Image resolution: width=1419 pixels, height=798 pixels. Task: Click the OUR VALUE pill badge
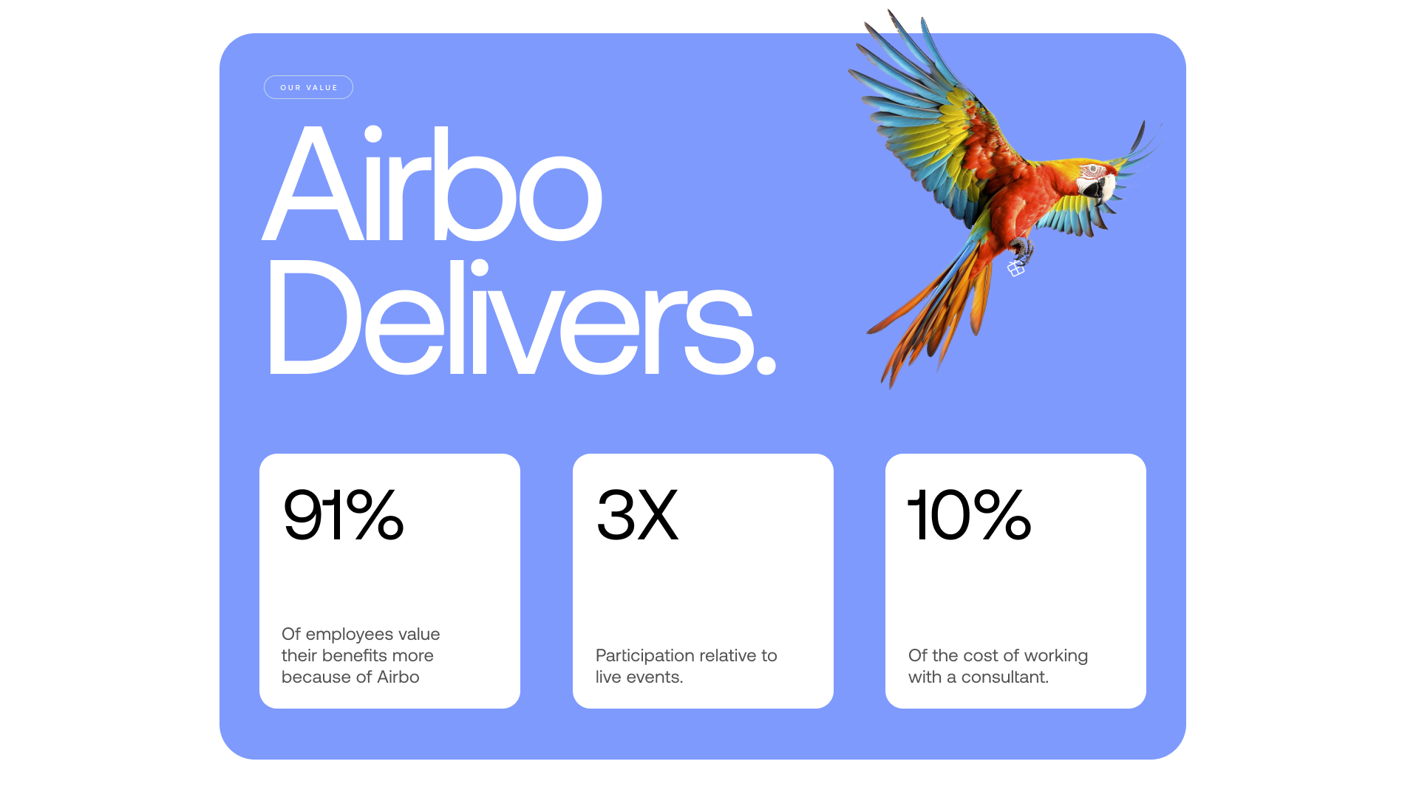tap(308, 87)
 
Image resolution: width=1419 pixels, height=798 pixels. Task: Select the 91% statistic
tap(343, 514)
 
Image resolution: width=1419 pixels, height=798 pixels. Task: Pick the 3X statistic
tap(637, 514)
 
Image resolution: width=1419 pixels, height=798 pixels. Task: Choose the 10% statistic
tap(969, 514)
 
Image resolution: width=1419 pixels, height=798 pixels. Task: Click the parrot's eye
tap(1093, 169)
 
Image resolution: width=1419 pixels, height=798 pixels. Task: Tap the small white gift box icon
tap(1016, 269)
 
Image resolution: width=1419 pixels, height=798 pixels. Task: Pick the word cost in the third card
tap(980, 655)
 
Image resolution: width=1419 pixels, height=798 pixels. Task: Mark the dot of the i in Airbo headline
tap(372, 134)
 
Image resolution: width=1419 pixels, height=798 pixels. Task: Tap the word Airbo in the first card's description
tap(398, 677)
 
